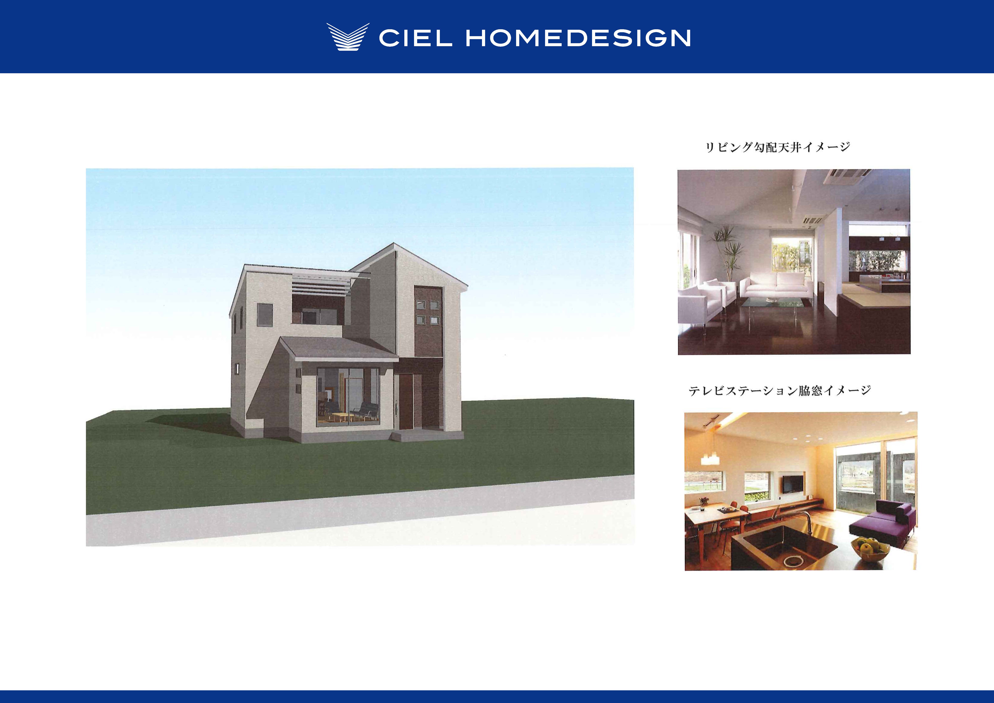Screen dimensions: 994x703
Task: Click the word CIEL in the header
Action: (416, 38)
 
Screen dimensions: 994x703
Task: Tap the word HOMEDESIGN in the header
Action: (578, 38)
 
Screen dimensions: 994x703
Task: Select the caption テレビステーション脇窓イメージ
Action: (779, 390)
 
